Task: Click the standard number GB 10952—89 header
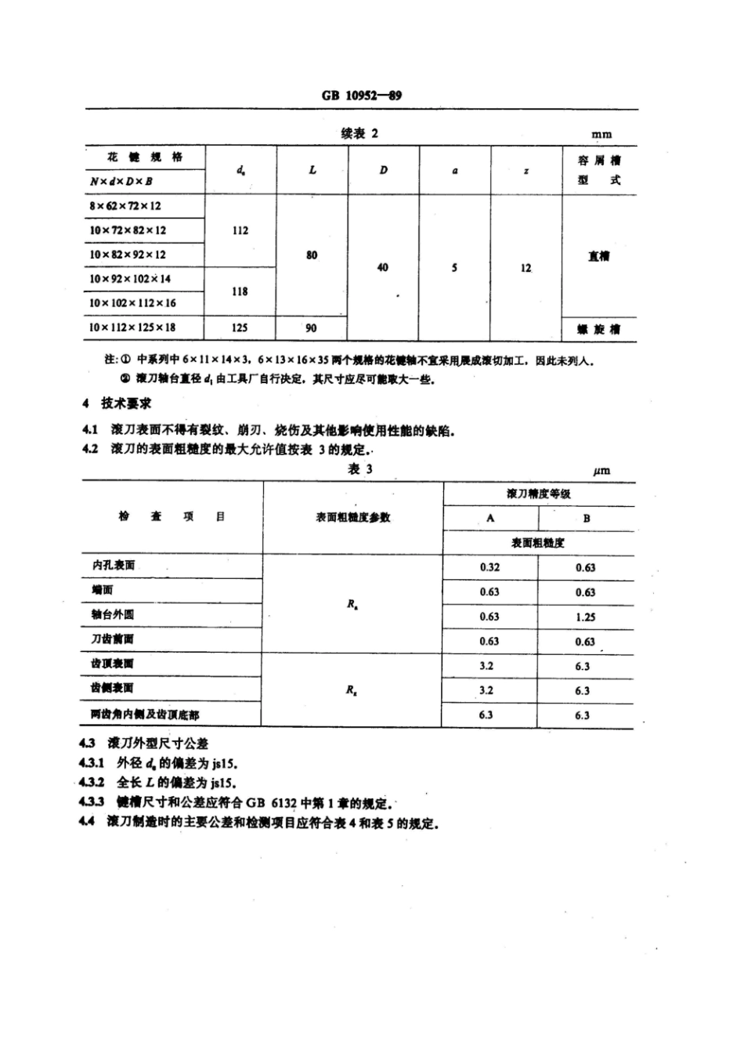click(x=362, y=96)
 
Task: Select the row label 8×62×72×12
click(x=125, y=206)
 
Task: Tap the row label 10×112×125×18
click(x=132, y=327)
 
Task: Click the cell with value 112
click(x=240, y=230)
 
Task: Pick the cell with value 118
click(x=240, y=291)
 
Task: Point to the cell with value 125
click(x=240, y=327)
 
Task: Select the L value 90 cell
click(x=311, y=327)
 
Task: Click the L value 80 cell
click(x=312, y=255)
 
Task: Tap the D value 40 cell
click(x=382, y=267)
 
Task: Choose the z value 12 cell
click(x=525, y=268)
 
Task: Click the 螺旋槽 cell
click(x=599, y=329)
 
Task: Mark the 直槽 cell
click(x=599, y=256)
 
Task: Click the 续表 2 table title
click(x=359, y=133)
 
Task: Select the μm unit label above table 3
click(x=601, y=471)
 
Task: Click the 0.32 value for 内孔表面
click(x=489, y=567)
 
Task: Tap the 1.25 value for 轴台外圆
click(x=585, y=617)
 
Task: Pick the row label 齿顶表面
click(x=112, y=664)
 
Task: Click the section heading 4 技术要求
click(x=117, y=403)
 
